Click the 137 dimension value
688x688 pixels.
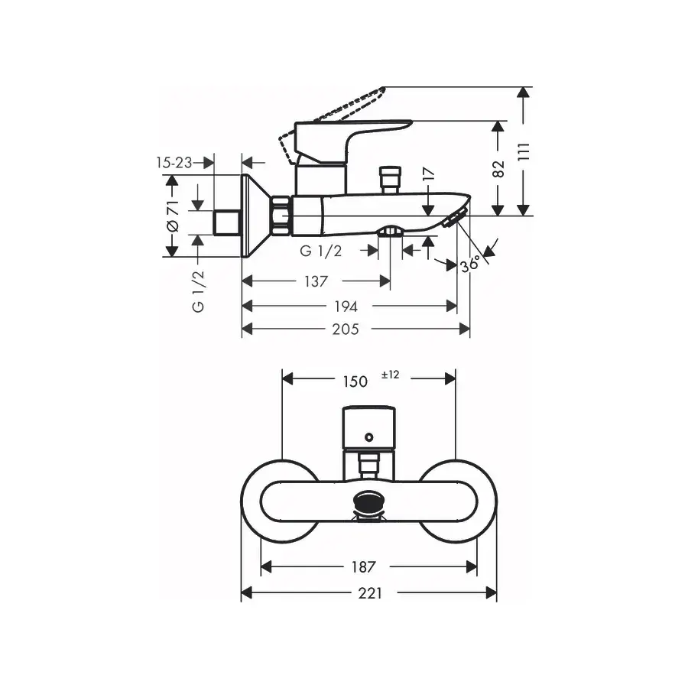[x=316, y=281]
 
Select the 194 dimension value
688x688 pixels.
[x=346, y=307]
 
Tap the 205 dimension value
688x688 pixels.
[x=346, y=329]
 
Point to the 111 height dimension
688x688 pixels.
[x=524, y=152]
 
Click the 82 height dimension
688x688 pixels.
[x=498, y=169]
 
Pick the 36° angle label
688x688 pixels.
[x=470, y=264]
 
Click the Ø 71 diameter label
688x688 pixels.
[x=173, y=216]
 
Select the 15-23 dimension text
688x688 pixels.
[x=174, y=163]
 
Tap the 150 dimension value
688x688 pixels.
[x=355, y=381]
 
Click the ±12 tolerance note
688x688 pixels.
[x=391, y=375]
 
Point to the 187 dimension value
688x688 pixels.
[x=363, y=567]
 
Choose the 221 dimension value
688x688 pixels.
[x=370, y=593]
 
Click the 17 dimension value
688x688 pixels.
[x=429, y=174]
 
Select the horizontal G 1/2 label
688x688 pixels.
[x=320, y=251]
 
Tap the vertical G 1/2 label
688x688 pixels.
[x=198, y=291]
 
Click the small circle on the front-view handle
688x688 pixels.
[x=369, y=437]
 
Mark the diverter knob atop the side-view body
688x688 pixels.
[x=390, y=179]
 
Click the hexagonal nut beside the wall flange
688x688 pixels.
[x=281, y=215]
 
